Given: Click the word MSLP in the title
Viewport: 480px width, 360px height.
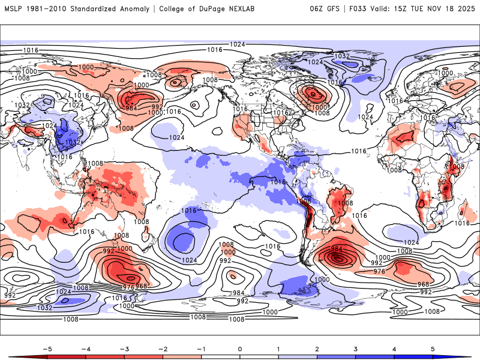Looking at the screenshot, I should [x=14, y=8].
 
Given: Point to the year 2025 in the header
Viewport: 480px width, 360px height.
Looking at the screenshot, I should [x=464, y=8].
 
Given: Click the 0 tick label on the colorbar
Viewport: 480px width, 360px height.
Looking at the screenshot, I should [x=239, y=348].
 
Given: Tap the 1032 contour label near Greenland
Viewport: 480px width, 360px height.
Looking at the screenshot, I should [x=342, y=56].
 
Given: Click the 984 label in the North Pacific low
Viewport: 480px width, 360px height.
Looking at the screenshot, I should [x=131, y=108].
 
